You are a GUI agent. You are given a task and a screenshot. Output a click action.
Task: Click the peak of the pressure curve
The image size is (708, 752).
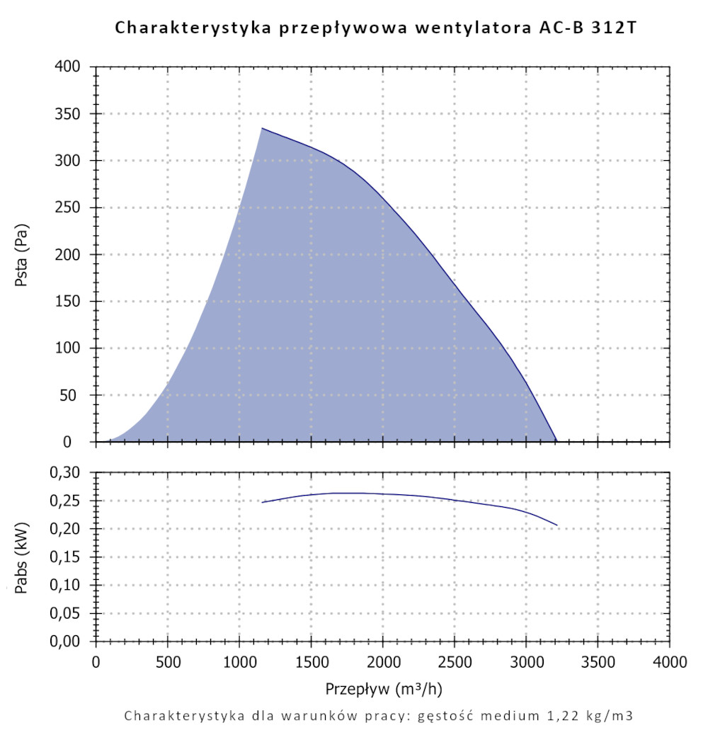click(x=262, y=128)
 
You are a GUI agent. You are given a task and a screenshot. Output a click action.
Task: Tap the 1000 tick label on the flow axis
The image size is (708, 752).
click(x=239, y=663)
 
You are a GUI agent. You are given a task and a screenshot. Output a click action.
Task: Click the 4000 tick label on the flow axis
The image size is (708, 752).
click(x=669, y=663)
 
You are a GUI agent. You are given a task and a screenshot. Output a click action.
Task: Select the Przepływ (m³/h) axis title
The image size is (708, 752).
click(x=384, y=688)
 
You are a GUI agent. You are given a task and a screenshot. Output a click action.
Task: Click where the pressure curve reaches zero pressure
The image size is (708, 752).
click(x=556, y=441)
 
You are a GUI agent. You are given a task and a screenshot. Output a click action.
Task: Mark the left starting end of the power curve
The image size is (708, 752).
click(x=263, y=502)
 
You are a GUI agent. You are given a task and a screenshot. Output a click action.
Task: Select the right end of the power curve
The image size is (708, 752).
click(x=557, y=525)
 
